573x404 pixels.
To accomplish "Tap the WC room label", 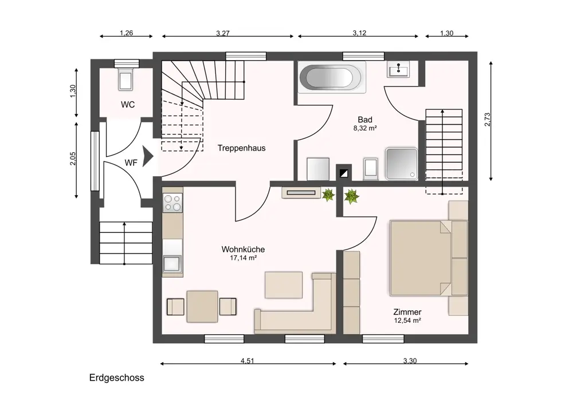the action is point(128,105).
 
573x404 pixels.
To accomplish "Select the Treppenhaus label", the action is point(242,148).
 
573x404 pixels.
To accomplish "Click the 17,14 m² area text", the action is point(243,258).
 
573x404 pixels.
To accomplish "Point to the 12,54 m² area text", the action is point(407,320).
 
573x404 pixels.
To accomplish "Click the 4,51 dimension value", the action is point(248,361).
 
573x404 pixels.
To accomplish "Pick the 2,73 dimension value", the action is point(488,120).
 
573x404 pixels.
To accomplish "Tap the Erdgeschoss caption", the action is point(116,378).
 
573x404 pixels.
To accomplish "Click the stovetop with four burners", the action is point(172,203).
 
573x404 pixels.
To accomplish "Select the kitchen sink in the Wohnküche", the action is point(172,264).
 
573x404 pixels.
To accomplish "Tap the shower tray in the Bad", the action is point(402,164).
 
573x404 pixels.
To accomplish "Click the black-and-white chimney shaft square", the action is point(344,173).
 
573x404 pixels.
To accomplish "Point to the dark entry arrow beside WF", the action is point(148,157).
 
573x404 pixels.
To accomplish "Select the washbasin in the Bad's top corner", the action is point(398,69).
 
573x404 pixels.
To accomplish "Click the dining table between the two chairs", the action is point(202,306).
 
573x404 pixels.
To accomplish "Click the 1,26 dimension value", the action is point(127,33).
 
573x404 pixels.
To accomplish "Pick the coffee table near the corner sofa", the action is point(284,284).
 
